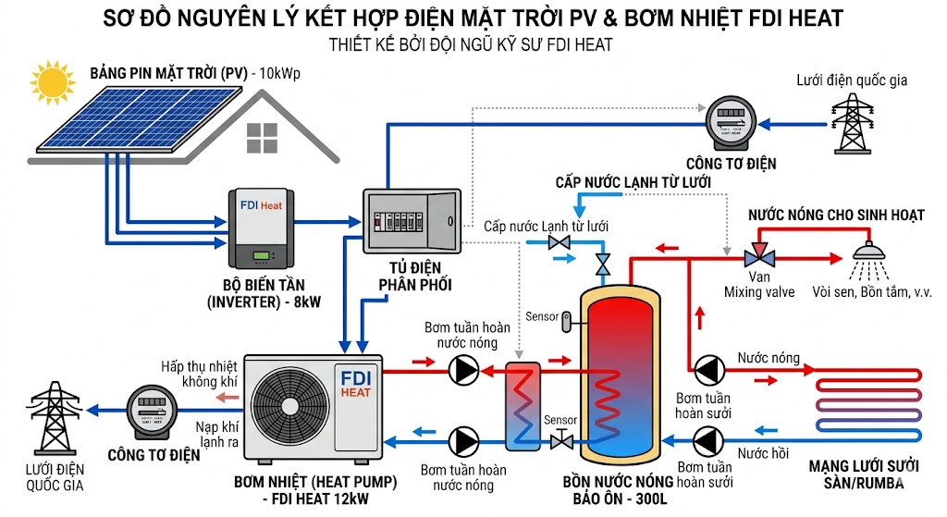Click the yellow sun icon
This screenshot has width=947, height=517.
pyautogui.click(x=51, y=80)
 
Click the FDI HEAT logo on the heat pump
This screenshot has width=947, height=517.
pyautogui.click(x=355, y=385)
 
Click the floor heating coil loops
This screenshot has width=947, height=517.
pyautogui.click(x=869, y=403)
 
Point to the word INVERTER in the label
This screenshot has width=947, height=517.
pyautogui.click(x=261, y=302)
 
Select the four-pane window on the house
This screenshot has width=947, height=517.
pyautogui.click(x=262, y=139)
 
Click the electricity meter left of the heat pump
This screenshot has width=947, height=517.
pyautogui.click(x=153, y=412)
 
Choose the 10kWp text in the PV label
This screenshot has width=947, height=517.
pyautogui.click(x=287, y=72)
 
